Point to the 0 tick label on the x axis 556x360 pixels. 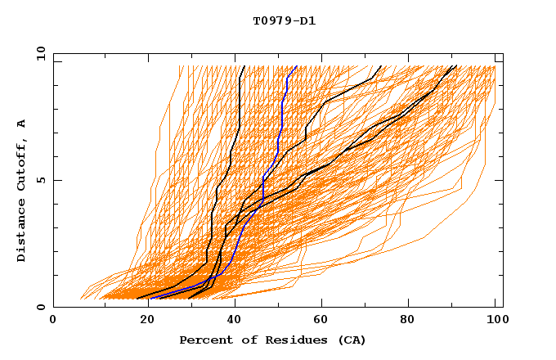[54, 322]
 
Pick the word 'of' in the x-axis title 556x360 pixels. [242, 340]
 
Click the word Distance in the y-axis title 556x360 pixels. [22, 232]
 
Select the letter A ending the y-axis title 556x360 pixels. [22, 124]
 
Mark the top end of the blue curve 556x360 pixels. [297, 66]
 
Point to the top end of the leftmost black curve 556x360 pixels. [244, 66]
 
